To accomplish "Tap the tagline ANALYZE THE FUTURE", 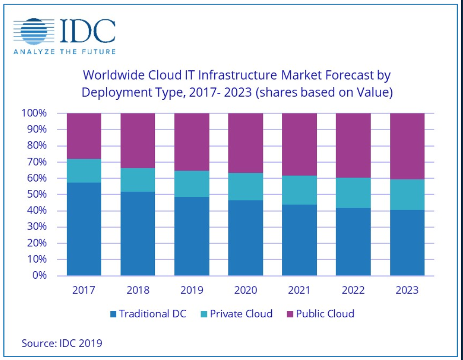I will click(64, 51).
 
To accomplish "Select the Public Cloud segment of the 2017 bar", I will click(84, 136).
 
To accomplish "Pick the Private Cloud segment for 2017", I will click(84, 171).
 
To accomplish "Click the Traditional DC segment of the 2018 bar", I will click(137, 234).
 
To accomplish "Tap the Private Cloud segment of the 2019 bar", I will click(191, 184).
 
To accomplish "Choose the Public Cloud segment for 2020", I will click(246, 143).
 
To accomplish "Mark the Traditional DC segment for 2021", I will click(299, 240).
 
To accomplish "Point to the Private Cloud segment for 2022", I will click(353, 193).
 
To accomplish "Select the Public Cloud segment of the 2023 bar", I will click(407, 146).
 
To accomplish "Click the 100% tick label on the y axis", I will click(34, 113).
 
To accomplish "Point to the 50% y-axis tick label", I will click(36, 194).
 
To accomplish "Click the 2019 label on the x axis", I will click(192, 290).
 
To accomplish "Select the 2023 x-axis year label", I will click(407, 290).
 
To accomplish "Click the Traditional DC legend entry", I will click(148, 314).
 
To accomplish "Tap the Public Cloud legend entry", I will click(320, 314).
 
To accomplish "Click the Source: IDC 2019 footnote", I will click(62, 343).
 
